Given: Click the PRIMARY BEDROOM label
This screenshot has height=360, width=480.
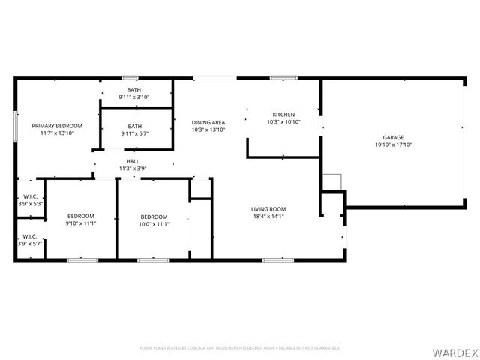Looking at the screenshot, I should (57, 126).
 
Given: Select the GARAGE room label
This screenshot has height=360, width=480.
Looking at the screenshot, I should (393, 138).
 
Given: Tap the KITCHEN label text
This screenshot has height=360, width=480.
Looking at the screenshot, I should (283, 115).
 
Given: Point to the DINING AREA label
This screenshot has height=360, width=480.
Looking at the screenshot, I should (208, 122).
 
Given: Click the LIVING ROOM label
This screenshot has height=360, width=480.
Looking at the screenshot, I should (268, 209).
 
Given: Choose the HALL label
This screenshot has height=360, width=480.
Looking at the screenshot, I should (133, 161).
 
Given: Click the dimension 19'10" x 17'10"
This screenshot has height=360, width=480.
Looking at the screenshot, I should (393, 145).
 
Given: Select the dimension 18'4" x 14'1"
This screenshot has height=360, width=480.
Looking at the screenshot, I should (268, 217).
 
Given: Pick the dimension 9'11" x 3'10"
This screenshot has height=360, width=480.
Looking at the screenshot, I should (134, 97).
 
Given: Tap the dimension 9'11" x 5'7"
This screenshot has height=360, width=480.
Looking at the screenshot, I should (134, 133).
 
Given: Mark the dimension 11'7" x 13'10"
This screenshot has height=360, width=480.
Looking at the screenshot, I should (57, 133).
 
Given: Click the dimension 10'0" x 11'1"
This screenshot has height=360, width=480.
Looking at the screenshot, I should (154, 223).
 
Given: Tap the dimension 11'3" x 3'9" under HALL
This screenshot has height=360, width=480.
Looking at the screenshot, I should (133, 169).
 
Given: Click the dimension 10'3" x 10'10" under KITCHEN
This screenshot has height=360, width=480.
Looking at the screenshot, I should (283, 122).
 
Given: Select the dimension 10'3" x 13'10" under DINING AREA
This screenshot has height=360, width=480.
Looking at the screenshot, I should (208, 130).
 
